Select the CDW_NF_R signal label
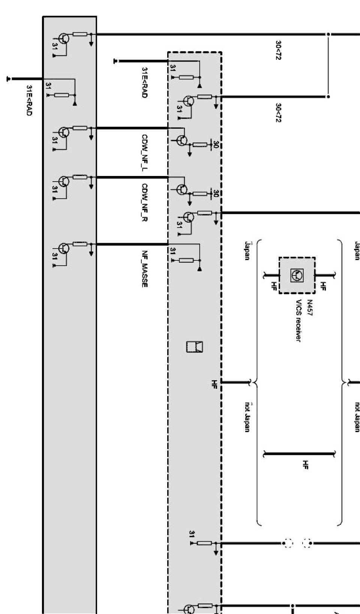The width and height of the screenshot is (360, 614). click(x=145, y=202)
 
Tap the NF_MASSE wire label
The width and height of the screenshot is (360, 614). click(x=145, y=269)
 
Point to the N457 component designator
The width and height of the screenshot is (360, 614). click(x=309, y=308)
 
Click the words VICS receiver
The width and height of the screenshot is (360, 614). click(x=299, y=321)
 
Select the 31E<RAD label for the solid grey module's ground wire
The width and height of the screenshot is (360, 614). click(x=29, y=100)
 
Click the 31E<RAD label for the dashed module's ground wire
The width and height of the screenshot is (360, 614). click(x=144, y=83)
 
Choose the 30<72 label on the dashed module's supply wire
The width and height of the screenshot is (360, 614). click(x=278, y=113)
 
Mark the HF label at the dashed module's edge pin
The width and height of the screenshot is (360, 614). click(x=214, y=384)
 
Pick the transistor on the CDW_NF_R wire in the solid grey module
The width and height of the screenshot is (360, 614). click(x=64, y=181)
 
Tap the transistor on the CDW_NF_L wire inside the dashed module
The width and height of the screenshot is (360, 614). click(x=182, y=140)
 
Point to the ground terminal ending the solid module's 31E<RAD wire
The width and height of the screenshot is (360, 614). click(x=9, y=79)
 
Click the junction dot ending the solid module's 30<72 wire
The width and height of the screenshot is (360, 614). click(x=328, y=34)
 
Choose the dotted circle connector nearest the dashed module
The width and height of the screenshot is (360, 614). click(x=288, y=543)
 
